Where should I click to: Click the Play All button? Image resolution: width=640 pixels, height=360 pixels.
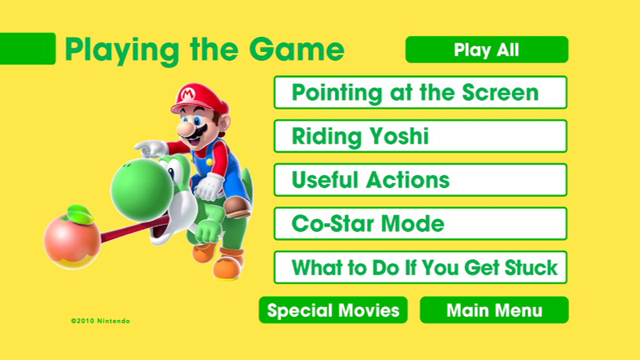click(x=486, y=50)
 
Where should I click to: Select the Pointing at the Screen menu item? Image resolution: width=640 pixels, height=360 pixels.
click(x=420, y=92)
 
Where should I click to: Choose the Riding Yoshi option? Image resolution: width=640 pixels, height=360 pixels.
click(x=420, y=136)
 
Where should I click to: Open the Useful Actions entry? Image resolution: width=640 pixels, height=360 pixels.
click(x=420, y=180)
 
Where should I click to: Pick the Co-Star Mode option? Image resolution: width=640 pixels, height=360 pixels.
click(x=420, y=223)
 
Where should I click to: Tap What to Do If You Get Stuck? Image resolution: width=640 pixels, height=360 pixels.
click(x=420, y=267)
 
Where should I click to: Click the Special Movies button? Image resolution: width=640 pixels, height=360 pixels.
click(x=334, y=310)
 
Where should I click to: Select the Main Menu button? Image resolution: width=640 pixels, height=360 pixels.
click(x=494, y=310)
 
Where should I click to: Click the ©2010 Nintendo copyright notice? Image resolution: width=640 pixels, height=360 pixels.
click(x=100, y=321)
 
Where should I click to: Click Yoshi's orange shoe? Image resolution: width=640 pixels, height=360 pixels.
click(x=231, y=261)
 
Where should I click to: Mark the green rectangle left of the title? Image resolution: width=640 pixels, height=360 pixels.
click(x=27, y=49)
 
